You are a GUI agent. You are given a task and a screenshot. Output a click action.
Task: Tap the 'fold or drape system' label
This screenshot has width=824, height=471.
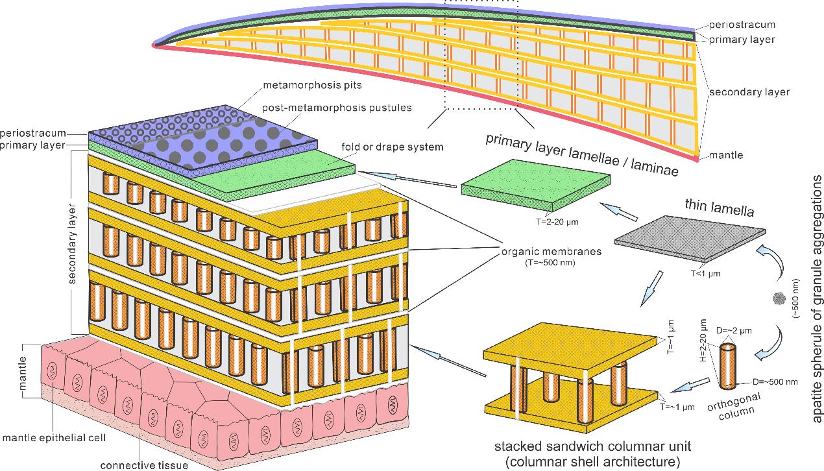391,147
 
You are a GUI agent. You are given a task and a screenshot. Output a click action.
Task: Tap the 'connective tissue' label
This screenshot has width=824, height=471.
143,465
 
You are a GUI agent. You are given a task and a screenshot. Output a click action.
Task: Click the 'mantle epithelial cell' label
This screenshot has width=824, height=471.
55,438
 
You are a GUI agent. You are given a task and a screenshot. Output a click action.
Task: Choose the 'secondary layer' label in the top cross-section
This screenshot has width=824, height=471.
749,92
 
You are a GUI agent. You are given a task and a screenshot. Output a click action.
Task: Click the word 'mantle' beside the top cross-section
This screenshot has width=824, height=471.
725,156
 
